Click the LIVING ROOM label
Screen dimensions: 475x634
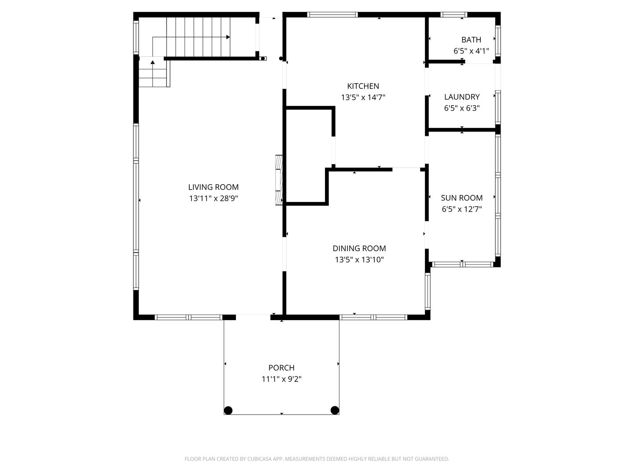click(214, 187)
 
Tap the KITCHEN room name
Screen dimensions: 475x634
click(363, 86)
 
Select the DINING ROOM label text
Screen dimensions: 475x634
click(359, 248)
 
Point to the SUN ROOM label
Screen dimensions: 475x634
click(462, 198)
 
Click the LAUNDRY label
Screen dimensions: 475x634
click(462, 97)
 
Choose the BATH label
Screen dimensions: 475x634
click(471, 40)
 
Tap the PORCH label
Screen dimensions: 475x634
click(281, 368)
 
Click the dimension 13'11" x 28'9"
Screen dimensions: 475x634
click(214, 198)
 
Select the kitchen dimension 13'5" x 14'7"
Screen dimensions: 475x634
click(363, 98)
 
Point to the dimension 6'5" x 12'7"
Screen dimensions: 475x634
click(462, 209)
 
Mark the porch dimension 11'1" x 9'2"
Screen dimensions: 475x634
click(281, 379)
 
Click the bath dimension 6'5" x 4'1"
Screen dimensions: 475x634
click(471, 51)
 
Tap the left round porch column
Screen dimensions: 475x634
click(228, 410)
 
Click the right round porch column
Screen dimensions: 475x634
click(335, 410)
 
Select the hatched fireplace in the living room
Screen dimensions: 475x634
click(279, 180)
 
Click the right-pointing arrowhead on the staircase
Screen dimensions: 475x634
click(228, 37)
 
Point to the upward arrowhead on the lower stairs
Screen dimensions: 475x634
click(153, 62)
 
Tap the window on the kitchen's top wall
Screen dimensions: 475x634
click(332, 15)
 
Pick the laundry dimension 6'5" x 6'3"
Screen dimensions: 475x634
click(462, 108)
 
